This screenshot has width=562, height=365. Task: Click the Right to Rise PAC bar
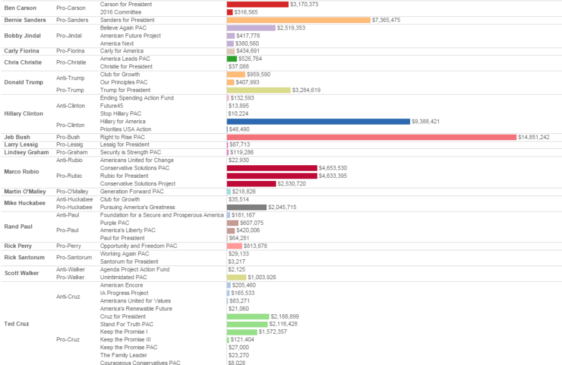(x=371, y=137)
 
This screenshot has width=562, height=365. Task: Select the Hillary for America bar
(x=318, y=121)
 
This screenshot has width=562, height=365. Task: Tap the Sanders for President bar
(x=298, y=20)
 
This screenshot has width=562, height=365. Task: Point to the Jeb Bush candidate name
(x=17, y=137)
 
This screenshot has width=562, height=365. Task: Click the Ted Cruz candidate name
(x=17, y=324)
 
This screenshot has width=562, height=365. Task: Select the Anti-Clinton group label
(x=71, y=106)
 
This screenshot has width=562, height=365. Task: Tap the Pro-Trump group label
(x=69, y=90)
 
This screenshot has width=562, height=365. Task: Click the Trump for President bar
(x=259, y=90)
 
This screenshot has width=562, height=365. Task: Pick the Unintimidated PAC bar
(x=236, y=277)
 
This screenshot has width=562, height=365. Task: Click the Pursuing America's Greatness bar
(x=246, y=207)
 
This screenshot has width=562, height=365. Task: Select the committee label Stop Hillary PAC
(x=121, y=114)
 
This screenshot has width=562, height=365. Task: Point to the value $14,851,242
(x=533, y=137)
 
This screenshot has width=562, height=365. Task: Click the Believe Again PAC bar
(x=251, y=28)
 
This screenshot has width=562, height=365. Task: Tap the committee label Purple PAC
(x=114, y=223)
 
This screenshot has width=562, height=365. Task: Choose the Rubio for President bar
(x=272, y=176)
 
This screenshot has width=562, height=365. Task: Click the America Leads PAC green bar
(x=232, y=59)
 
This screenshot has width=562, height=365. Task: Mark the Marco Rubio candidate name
(x=22, y=172)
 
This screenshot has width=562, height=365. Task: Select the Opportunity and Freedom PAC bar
(x=234, y=246)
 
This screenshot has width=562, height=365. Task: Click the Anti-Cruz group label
(x=68, y=297)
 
